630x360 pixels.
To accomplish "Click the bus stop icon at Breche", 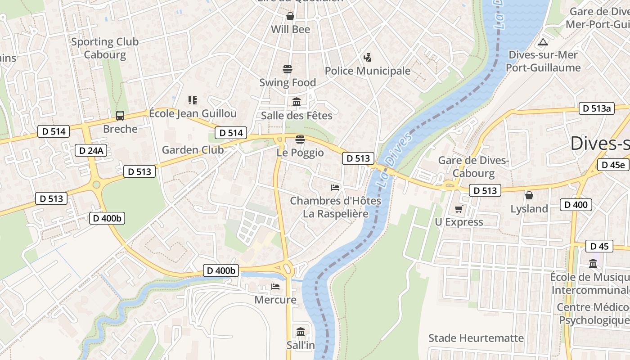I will [x=120, y=116].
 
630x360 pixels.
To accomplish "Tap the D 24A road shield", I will [x=90, y=150].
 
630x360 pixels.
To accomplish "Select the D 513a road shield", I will [x=596, y=108].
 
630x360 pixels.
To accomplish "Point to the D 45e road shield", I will [x=613, y=165].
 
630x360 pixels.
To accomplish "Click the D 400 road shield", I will [x=576, y=205].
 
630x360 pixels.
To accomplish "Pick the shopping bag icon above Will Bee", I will [x=290, y=16].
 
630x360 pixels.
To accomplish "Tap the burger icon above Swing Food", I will [x=288, y=69].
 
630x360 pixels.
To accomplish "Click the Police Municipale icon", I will [x=368, y=58].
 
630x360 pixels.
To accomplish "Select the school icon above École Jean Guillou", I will [x=193, y=100].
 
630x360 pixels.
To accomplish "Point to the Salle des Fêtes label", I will [x=297, y=116].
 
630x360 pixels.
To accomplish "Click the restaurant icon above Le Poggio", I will [x=300, y=139].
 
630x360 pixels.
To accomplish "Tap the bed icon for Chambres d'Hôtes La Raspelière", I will [x=335, y=187].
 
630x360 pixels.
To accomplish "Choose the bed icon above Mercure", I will [x=275, y=286].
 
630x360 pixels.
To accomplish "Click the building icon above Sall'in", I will [x=301, y=332].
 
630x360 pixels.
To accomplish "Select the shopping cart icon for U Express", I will [x=459, y=209].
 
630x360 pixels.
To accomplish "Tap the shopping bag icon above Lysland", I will [x=529, y=195].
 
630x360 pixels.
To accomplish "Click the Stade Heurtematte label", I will [x=476, y=338].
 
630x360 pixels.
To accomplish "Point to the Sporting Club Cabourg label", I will [x=105, y=48].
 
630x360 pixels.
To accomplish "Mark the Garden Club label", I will [x=193, y=150].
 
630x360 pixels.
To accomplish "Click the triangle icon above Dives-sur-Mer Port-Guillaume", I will [x=543, y=42].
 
